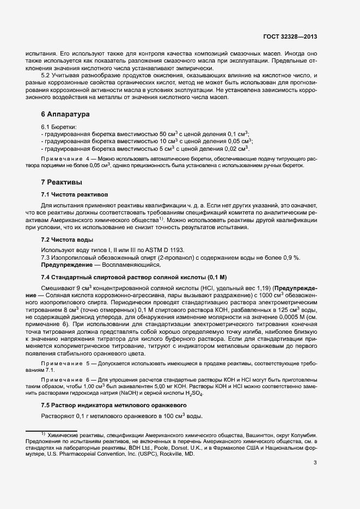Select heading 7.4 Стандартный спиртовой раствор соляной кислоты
[x=134, y=278]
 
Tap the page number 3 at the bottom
[x=315, y=463]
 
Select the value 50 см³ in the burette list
[x=167, y=134]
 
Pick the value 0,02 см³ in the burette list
[x=235, y=149]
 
